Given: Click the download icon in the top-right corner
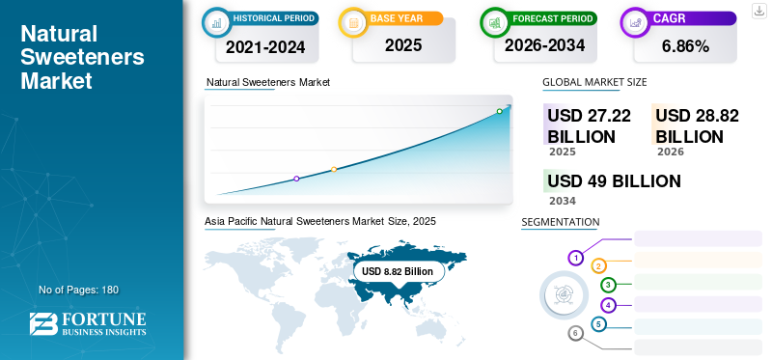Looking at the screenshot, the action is point(758,11).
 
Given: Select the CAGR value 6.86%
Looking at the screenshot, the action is point(685,46).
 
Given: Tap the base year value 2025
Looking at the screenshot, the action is point(403,45).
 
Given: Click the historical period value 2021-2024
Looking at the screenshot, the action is point(265,46).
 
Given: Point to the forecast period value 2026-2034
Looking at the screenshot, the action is point(544,45).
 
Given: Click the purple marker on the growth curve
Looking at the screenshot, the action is point(296,179).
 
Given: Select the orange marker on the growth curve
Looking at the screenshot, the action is point(334,170).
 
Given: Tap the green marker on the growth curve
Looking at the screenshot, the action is point(499,111).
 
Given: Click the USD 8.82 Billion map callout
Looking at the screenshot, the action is point(398,271).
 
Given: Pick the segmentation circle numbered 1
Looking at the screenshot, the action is point(575,258).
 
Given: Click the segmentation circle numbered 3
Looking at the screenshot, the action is point(608,285).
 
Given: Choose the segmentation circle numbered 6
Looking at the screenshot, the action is point(575,334).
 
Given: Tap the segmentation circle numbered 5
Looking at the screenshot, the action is point(598,324).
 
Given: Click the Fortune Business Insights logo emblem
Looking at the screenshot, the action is point(43,323).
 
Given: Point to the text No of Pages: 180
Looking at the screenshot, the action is point(79,290).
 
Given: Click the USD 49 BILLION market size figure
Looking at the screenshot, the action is point(614,180).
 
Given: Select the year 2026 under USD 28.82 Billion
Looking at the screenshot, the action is point(670,152).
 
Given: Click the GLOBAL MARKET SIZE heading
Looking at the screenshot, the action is point(594,82).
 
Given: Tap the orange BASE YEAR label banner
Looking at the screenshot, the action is point(403,18).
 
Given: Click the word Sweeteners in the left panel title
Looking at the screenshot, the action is point(82,57).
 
